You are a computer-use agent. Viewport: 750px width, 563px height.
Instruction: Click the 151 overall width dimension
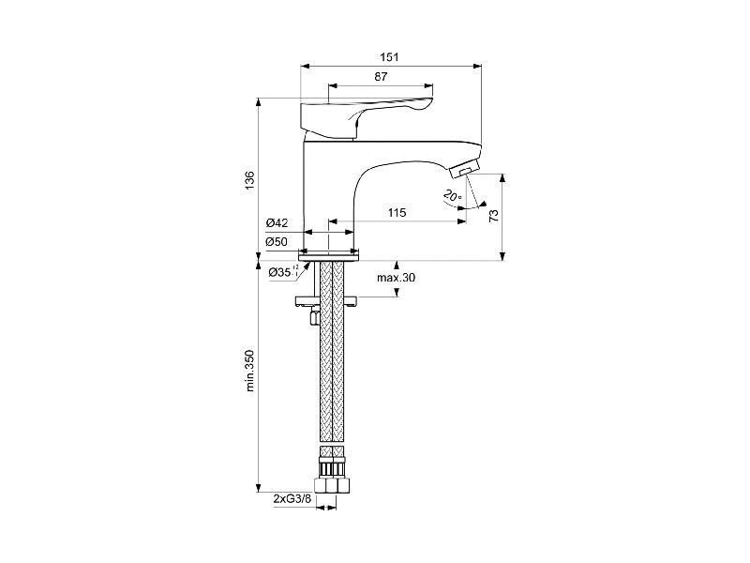(x=389, y=57)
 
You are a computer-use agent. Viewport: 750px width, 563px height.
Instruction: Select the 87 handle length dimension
(x=382, y=77)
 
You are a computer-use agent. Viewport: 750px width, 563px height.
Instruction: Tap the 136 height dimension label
(x=249, y=180)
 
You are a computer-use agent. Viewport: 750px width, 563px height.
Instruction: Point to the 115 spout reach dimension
(x=397, y=213)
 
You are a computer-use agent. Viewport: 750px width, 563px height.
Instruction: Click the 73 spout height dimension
(x=494, y=216)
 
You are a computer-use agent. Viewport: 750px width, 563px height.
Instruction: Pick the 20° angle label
(x=452, y=195)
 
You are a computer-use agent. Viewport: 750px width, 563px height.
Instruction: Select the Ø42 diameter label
(x=277, y=223)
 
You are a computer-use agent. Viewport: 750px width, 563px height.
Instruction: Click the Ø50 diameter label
(x=277, y=242)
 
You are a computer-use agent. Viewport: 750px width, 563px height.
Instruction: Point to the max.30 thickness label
(x=396, y=278)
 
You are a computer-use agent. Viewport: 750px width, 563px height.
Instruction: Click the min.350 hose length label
(x=249, y=371)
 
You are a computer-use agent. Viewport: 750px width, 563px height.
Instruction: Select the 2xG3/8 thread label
(x=292, y=499)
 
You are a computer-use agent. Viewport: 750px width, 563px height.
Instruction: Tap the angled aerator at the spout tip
(x=464, y=170)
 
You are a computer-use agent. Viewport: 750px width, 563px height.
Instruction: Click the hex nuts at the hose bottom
(x=331, y=484)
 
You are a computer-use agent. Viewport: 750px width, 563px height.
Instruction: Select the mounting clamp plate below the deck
(x=326, y=301)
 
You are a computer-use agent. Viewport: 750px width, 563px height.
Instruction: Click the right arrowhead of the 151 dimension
(x=477, y=66)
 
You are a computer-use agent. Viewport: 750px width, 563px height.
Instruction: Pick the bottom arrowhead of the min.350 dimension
(x=259, y=488)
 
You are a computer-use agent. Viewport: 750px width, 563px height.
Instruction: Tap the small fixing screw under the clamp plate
(x=314, y=316)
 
